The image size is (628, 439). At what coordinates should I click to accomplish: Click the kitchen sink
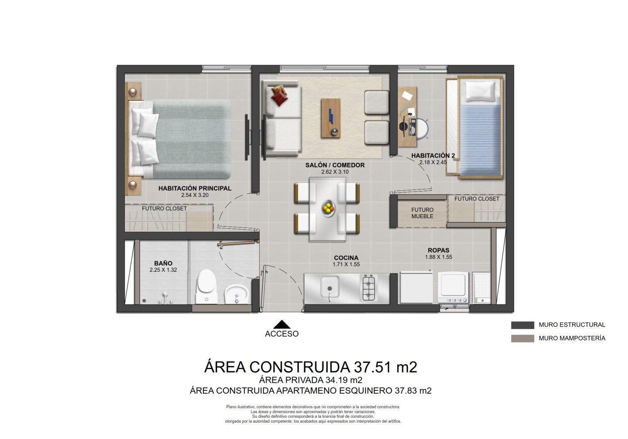pyautogui.click(x=329, y=287)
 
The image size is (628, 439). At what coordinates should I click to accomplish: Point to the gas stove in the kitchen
pyautogui.click(x=368, y=288)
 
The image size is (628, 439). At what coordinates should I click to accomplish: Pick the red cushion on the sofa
pyautogui.click(x=279, y=96)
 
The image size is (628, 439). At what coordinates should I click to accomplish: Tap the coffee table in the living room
pyautogui.click(x=331, y=117)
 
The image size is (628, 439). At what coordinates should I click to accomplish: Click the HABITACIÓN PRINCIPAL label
pyautogui.click(x=194, y=188)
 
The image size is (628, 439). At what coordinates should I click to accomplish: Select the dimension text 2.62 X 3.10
pyautogui.click(x=334, y=172)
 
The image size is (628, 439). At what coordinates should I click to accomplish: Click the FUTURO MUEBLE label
pyautogui.click(x=422, y=213)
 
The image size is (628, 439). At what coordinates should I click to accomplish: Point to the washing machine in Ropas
pyautogui.click(x=454, y=287)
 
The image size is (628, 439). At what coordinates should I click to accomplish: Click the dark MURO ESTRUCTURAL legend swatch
pyautogui.click(x=522, y=325)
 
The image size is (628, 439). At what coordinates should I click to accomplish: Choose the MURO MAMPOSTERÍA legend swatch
pyautogui.click(x=522, y=339)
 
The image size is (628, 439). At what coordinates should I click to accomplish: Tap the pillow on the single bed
pyautogui.click(x=480, y=91)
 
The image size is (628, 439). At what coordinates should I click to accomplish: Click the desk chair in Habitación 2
pyautogui.click(x=421, y=128)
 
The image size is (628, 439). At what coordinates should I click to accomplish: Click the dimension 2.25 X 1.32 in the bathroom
pyautogui.click(x=163, y=270)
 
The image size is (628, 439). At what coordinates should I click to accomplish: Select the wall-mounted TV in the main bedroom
pyautogui.click(x=247, y=137)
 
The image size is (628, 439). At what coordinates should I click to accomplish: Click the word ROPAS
pyautogui.click(x=438, y=250)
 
